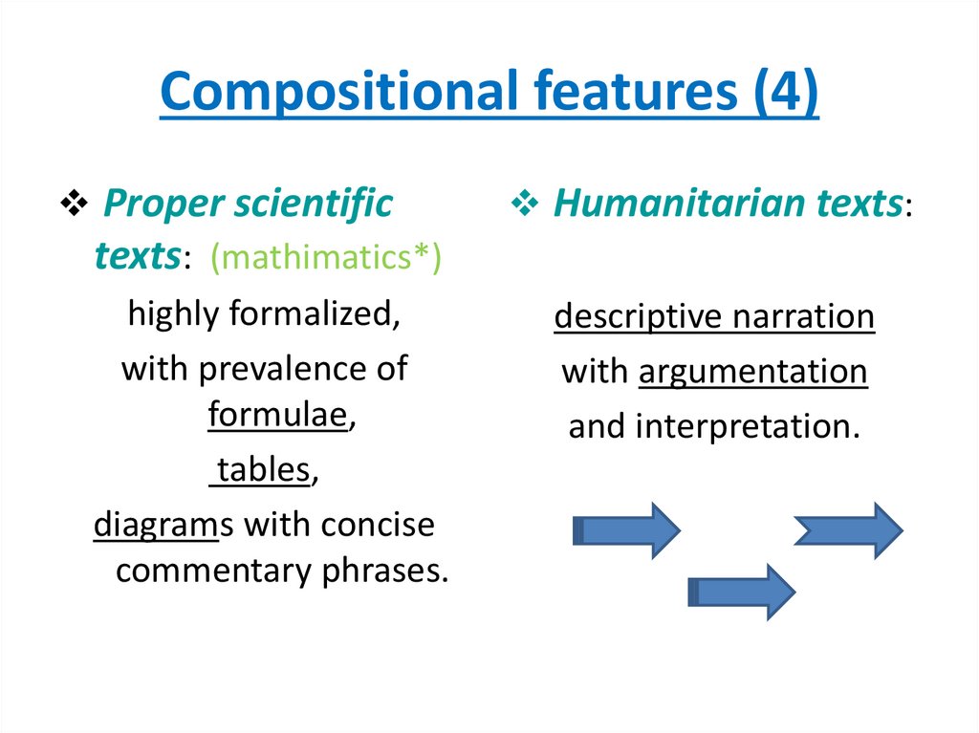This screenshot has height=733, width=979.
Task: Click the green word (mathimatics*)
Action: pos(326,257)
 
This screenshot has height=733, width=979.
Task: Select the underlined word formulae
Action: pos(277,416)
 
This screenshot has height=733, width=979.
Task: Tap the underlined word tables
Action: pos(263,470)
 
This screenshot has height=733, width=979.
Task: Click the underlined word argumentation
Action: pos(752,372)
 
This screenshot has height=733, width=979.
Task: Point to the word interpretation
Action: pos(747,426)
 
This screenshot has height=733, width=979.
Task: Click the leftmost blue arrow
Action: pos(626,529)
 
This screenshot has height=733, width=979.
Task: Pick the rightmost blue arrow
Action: pos(848,529)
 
